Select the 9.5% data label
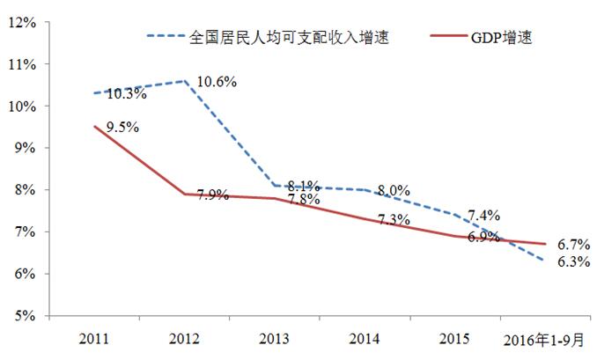122,128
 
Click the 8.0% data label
394,189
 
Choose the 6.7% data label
574,243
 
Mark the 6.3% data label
574,261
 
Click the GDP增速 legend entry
500,37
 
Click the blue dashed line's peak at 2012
184,81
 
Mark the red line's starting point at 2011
94,127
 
